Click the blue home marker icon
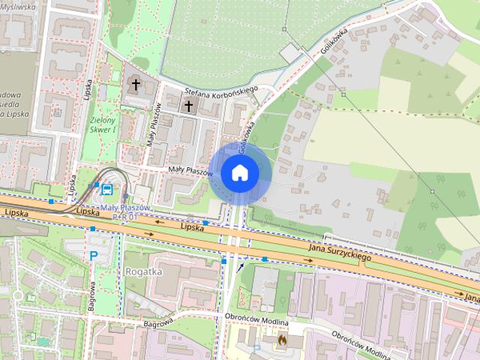tap(239, 173)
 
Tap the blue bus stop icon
tap(107, 189)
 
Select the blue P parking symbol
tap(94, 256)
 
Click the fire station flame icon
tap(282, 339)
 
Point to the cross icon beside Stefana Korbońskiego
tap(187, 106)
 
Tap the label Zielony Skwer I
tap(103, 124)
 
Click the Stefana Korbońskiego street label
tap(221, 91)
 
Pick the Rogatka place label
tap(145, 271)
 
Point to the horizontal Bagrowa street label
tap(159, 322)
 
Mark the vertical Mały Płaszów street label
tap(156, 124)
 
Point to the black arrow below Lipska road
tap(240, 266)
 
